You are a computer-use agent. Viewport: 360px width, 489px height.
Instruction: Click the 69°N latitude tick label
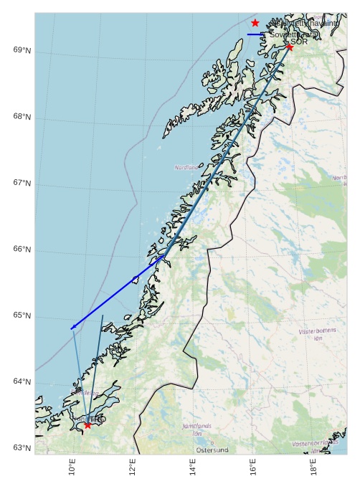(x=22, y=49)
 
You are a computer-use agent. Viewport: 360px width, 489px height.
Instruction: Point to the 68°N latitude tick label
(x=22, y=116)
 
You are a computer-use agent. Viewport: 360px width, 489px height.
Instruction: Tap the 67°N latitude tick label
(x=22, y=183)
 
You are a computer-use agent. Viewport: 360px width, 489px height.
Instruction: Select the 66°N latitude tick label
(x=22, y=249)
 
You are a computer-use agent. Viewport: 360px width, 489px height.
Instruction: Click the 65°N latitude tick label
(x=22, y=315)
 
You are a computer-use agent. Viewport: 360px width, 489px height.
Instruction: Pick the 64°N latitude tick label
(x=22, y=381)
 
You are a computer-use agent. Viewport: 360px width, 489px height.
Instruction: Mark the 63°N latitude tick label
(x=22, y=448)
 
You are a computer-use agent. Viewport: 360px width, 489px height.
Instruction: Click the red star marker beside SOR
(x=290, y=47)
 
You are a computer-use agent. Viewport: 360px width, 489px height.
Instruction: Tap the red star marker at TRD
(x=87, y=425)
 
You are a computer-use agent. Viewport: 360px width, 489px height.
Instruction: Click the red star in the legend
(x=255, y=23)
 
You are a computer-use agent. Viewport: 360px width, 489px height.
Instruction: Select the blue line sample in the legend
(x=255, y=34)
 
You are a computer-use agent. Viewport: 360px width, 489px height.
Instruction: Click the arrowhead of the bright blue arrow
(x=72, y=328)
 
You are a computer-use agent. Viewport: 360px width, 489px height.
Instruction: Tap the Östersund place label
(x=212, y=450)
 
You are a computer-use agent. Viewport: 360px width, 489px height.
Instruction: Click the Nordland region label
(x=186, y=167)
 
